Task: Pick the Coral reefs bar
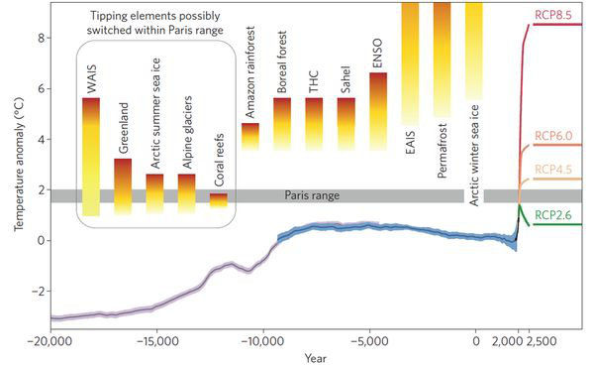click(219, 200)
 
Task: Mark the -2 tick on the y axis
click(35, 292)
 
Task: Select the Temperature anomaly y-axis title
click(15, 165)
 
